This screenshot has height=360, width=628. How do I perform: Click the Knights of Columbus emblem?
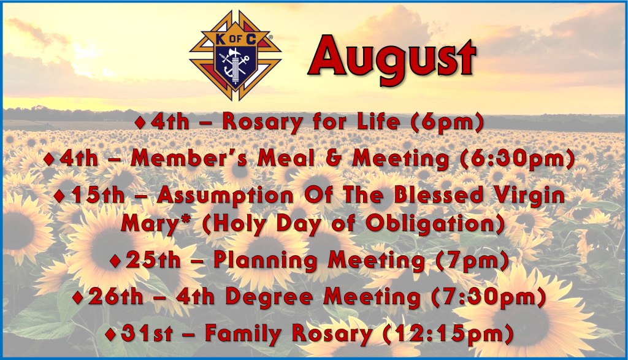pyautogui.click(x=235, y=55)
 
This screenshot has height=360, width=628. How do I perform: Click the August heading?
pyautogui.click(x=392, y=58)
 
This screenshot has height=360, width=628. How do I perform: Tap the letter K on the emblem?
pyautogui.click(x=220, y=39)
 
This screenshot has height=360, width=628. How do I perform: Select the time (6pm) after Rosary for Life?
pyautogui.click(x=447, y=122)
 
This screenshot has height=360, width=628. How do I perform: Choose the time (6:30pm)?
pyautogui.click(x=518, y=159)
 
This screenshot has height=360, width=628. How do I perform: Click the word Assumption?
pyautogui.click(x=226, y=196)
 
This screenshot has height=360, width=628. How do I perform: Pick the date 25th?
pyautogui.click(x=153, y=260)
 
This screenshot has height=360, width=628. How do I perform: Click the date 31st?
pyautogui.click(x=147, y=334)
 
